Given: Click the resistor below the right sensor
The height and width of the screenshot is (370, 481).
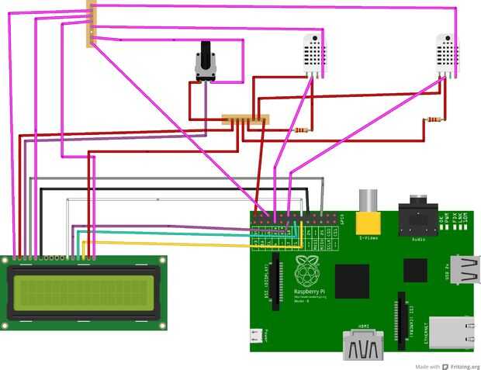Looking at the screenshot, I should [434, 119].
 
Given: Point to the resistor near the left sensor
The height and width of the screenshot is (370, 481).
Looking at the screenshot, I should [301, 130].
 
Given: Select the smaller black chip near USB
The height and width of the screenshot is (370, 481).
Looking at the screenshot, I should [415, 269].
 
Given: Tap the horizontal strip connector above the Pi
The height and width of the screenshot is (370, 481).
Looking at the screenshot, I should [244, 120].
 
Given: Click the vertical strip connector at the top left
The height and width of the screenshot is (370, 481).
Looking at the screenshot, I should [92, 23].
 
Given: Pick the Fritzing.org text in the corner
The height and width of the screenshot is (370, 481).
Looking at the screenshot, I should [462, 365].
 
